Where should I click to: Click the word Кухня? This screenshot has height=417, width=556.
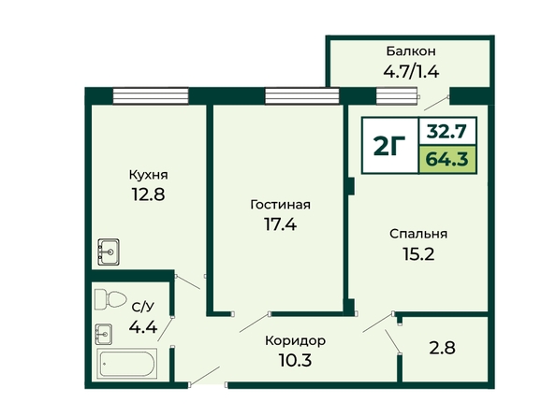(148, 175)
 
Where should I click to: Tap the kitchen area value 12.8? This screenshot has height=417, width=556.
(148, 194)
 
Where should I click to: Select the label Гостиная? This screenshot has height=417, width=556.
(280, 205)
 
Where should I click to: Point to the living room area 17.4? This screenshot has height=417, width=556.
(280, 224)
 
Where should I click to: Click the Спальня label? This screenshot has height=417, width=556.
(418, 234)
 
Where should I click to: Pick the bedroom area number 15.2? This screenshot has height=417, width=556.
(418, 253)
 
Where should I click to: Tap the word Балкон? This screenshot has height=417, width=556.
(411, 51)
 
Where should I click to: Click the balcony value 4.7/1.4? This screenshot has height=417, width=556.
(411, 72)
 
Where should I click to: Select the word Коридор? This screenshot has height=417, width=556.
(295, 341)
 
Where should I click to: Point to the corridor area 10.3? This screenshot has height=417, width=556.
(295, 361)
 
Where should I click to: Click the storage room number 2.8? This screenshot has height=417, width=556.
(442, 348)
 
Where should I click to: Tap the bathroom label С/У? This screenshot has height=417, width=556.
(143, 308)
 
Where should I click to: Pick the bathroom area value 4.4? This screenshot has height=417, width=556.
(143, 326)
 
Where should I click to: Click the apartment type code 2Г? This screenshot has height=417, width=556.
(389, 146)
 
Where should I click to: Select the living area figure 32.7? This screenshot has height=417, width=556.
(447, 132)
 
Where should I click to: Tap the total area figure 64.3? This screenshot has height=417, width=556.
(447, 159)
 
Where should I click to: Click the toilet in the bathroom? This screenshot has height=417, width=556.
(110, 299)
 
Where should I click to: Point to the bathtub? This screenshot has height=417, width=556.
(126, 363)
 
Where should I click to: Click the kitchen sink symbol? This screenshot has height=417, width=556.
(109, 252)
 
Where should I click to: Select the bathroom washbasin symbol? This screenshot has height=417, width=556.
(104, 334)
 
